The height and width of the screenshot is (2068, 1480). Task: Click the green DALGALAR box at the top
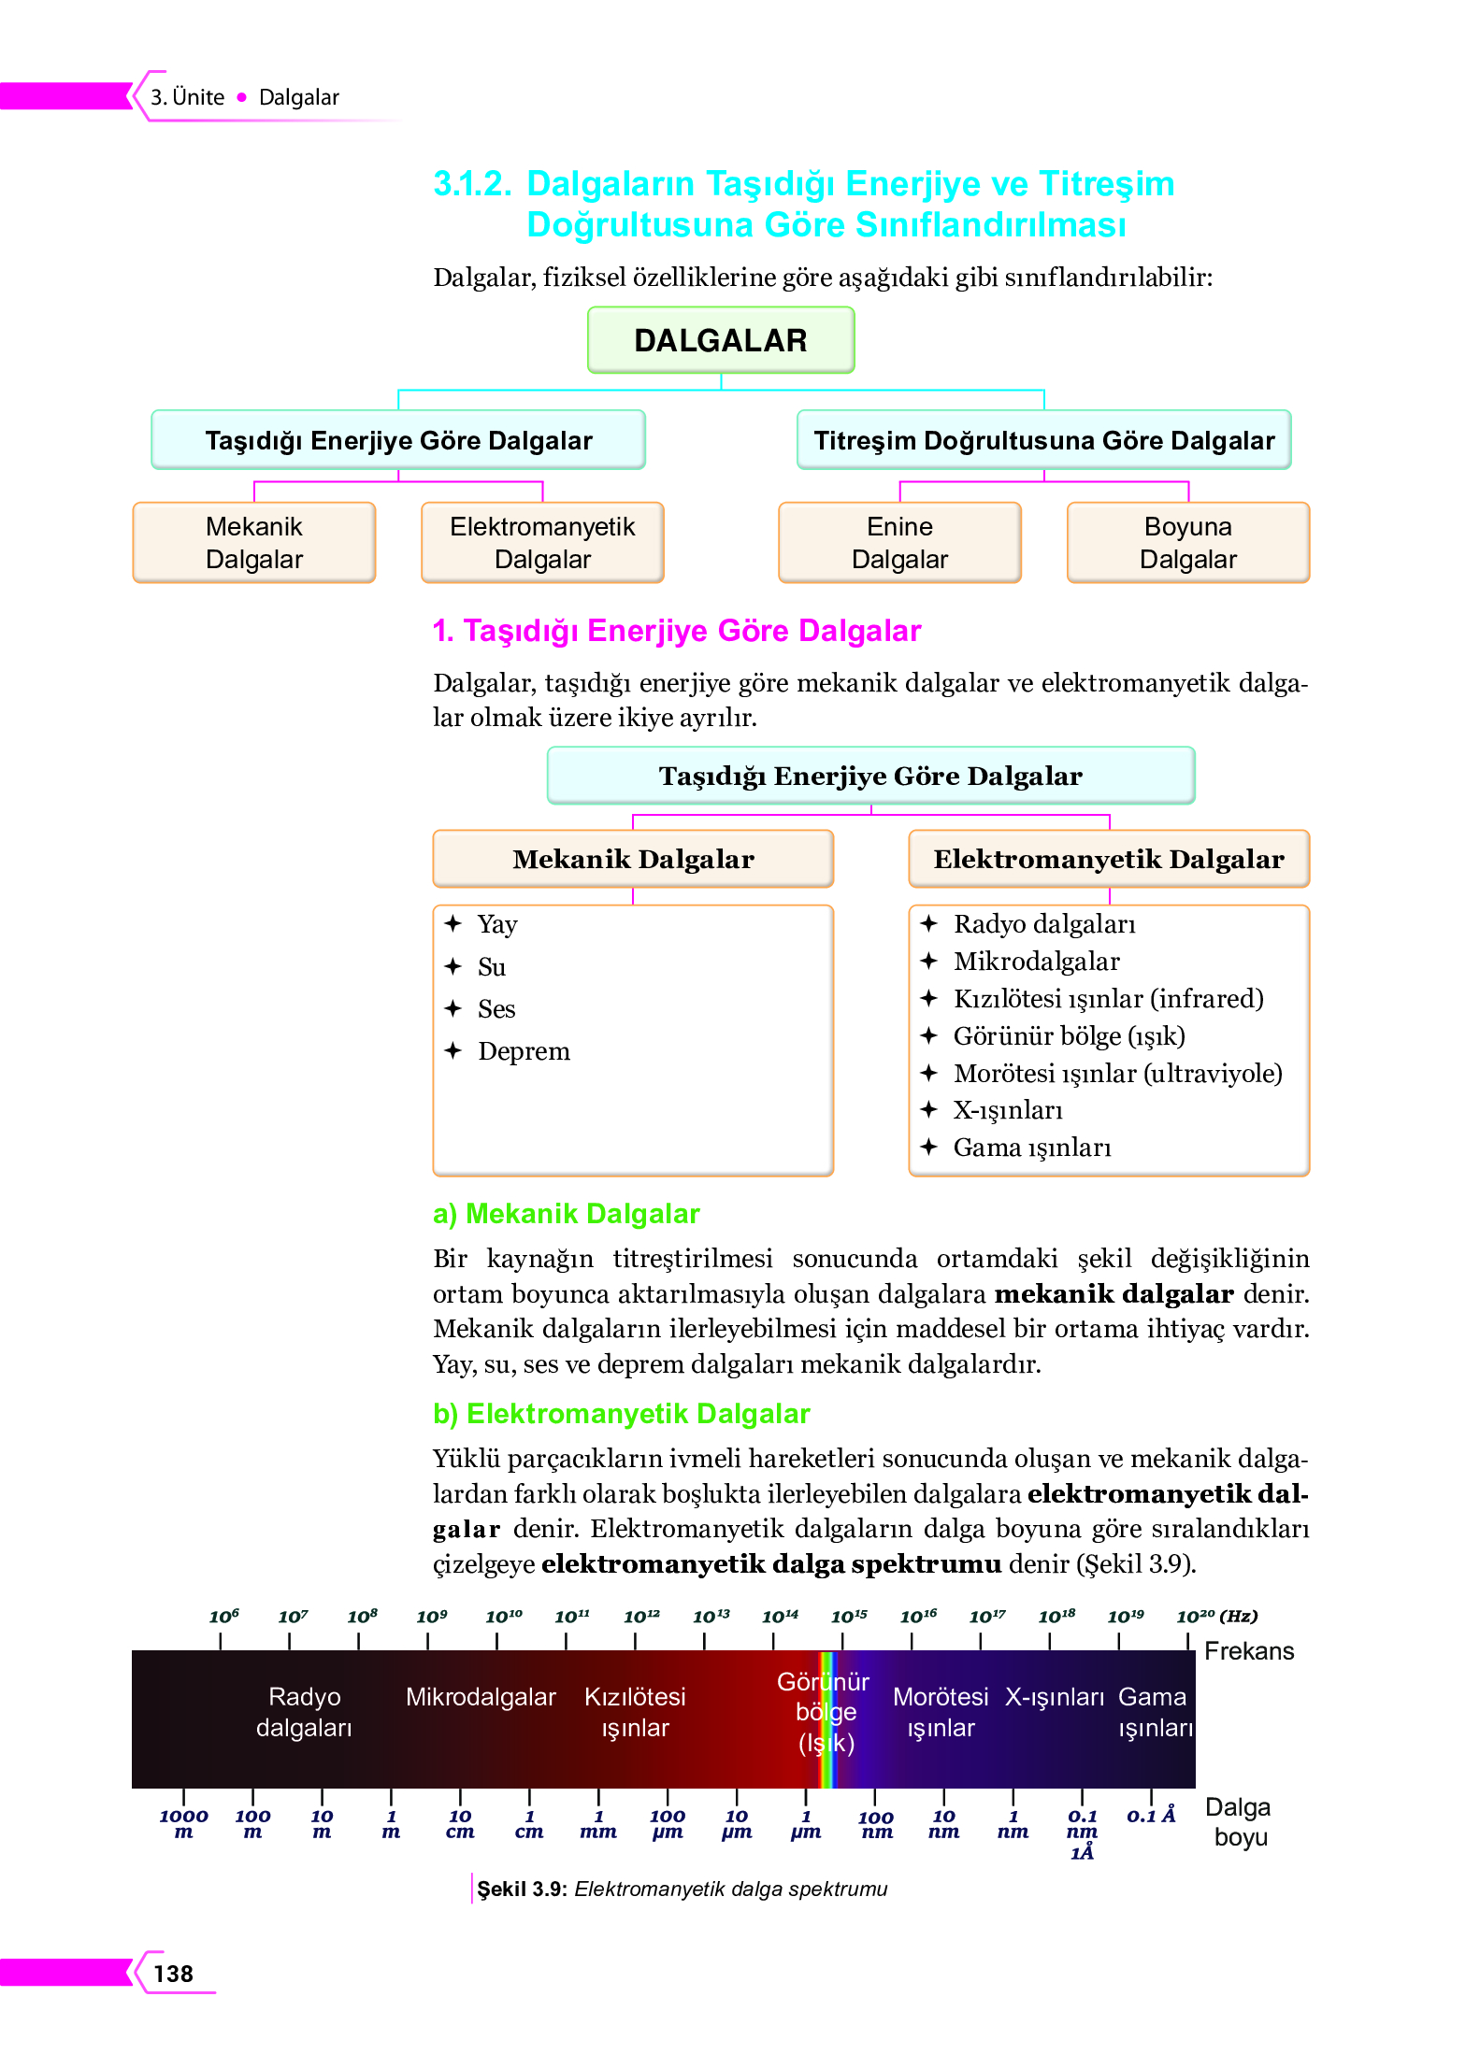[x=720, y=340]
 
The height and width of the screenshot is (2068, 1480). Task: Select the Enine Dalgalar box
[x=899, y=543]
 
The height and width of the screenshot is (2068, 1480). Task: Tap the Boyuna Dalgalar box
[x=1187, y=543]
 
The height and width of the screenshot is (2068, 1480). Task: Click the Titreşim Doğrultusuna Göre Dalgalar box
[x=1043, y=440]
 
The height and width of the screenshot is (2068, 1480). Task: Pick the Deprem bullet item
[x=523, y=1051]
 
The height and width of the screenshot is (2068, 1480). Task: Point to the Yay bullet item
[x=496, y=924]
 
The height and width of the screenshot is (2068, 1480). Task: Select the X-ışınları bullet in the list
[x=1007, y=1110]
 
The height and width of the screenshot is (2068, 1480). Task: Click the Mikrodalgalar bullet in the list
[x=1036, y=962]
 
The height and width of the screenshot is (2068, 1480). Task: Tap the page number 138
[x=173, y=1974]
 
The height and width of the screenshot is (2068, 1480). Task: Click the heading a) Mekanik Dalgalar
[x=566, y=1214]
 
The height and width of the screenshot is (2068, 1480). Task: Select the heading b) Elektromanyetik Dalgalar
[x=621, y=1414]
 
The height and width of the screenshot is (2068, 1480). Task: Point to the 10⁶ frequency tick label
[x=223, y=1617]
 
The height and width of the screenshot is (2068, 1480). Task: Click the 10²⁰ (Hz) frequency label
[x=1216, y=1617]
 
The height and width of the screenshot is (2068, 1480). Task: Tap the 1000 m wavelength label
[x=183, y=1823]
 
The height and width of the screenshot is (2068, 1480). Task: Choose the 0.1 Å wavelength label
[x=1151, y=1816]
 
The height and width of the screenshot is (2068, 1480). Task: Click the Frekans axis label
[x=1248, y=1651]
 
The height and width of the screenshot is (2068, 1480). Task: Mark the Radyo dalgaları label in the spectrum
[x=304, y=1712]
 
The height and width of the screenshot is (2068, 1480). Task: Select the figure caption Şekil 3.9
[x=682, y=1889]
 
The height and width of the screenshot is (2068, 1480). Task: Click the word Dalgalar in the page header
[x=298, y=97]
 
